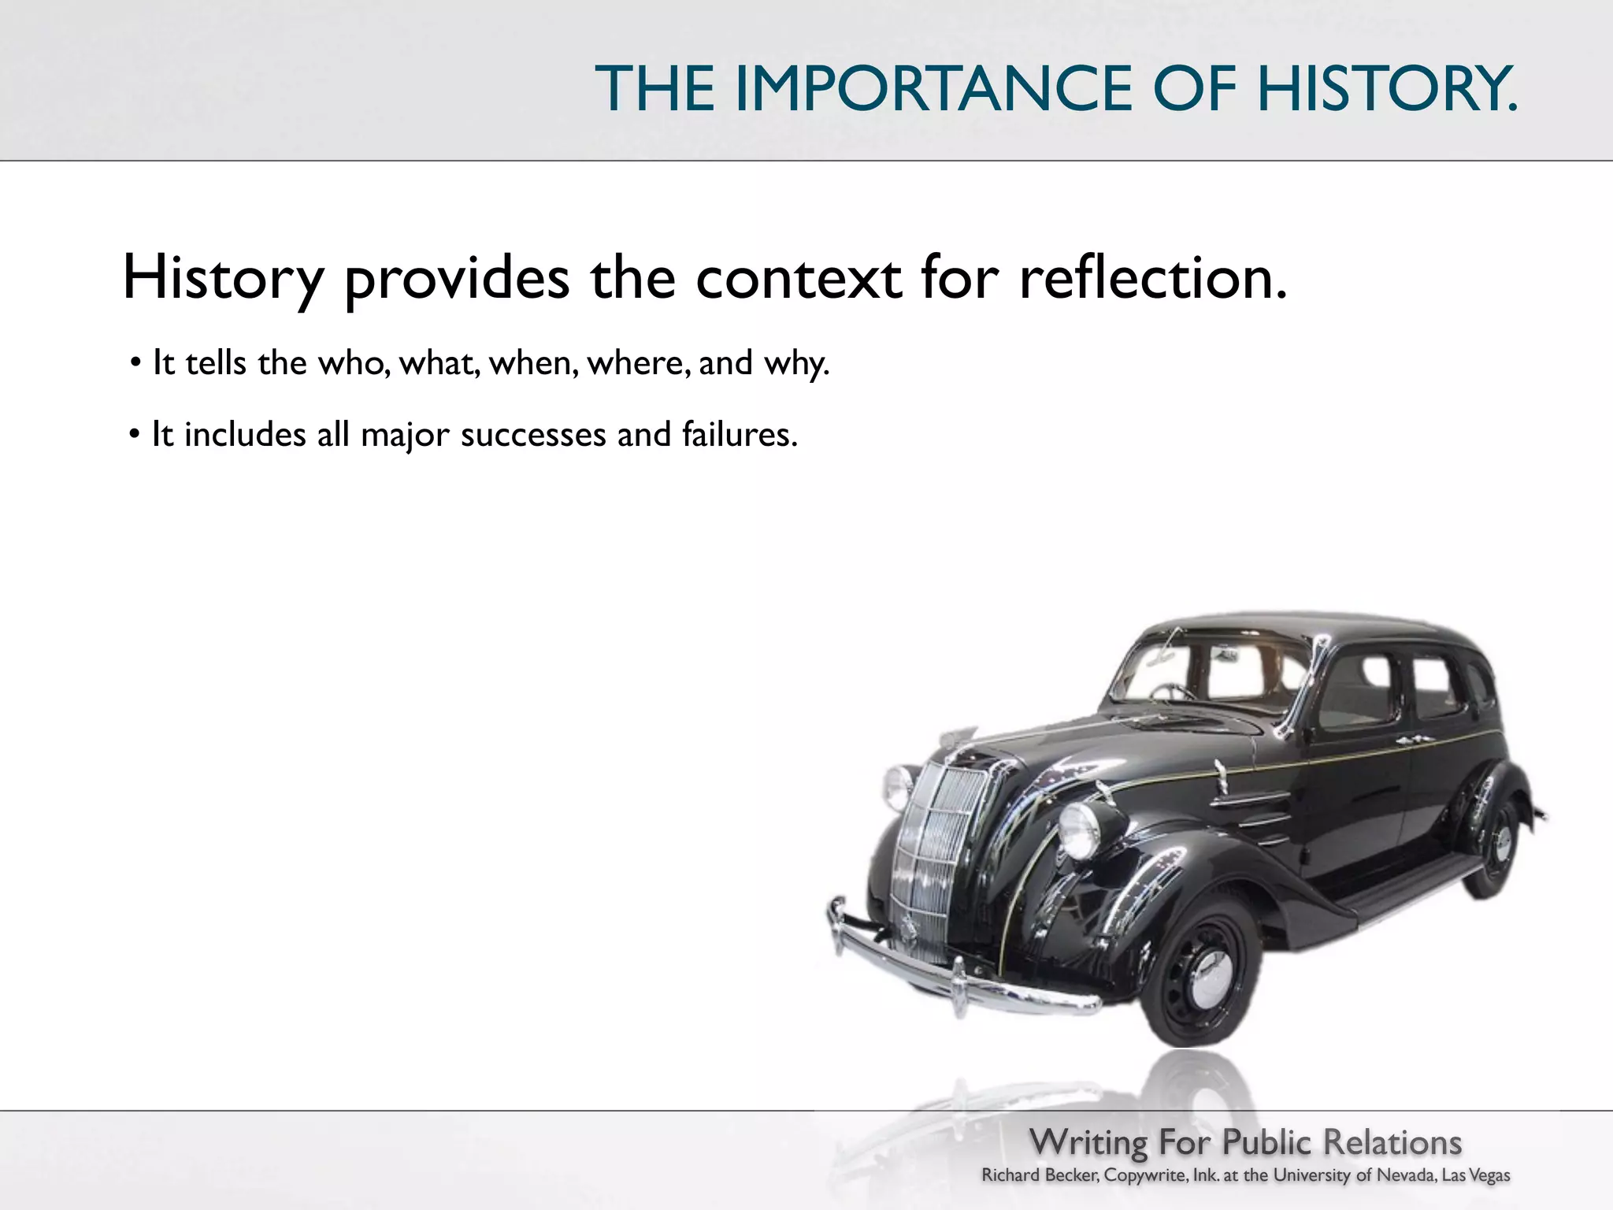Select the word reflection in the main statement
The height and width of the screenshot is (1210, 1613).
tap(1153, 278)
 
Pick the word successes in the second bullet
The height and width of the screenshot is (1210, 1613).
tap(532, 435)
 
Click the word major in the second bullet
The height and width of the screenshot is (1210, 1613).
tap(405, 436)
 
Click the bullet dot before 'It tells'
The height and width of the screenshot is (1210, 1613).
tap(135, 363)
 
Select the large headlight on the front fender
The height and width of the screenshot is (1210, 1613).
tap(1078, 830)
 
